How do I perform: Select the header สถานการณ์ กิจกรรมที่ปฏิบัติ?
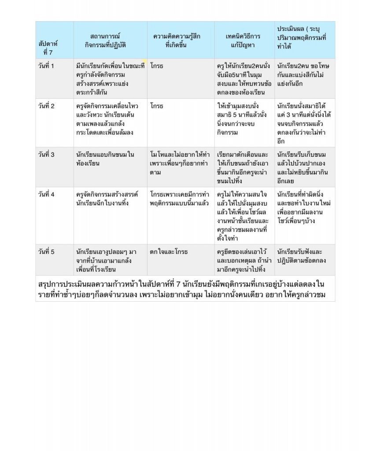105,40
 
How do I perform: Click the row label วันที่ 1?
46,66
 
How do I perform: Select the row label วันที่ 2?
46,106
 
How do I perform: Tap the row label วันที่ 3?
46,155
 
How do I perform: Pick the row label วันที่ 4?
46,194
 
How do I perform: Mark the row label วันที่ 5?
46,252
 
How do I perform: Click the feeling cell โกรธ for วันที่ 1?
157,66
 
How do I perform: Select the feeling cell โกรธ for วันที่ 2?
157,106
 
